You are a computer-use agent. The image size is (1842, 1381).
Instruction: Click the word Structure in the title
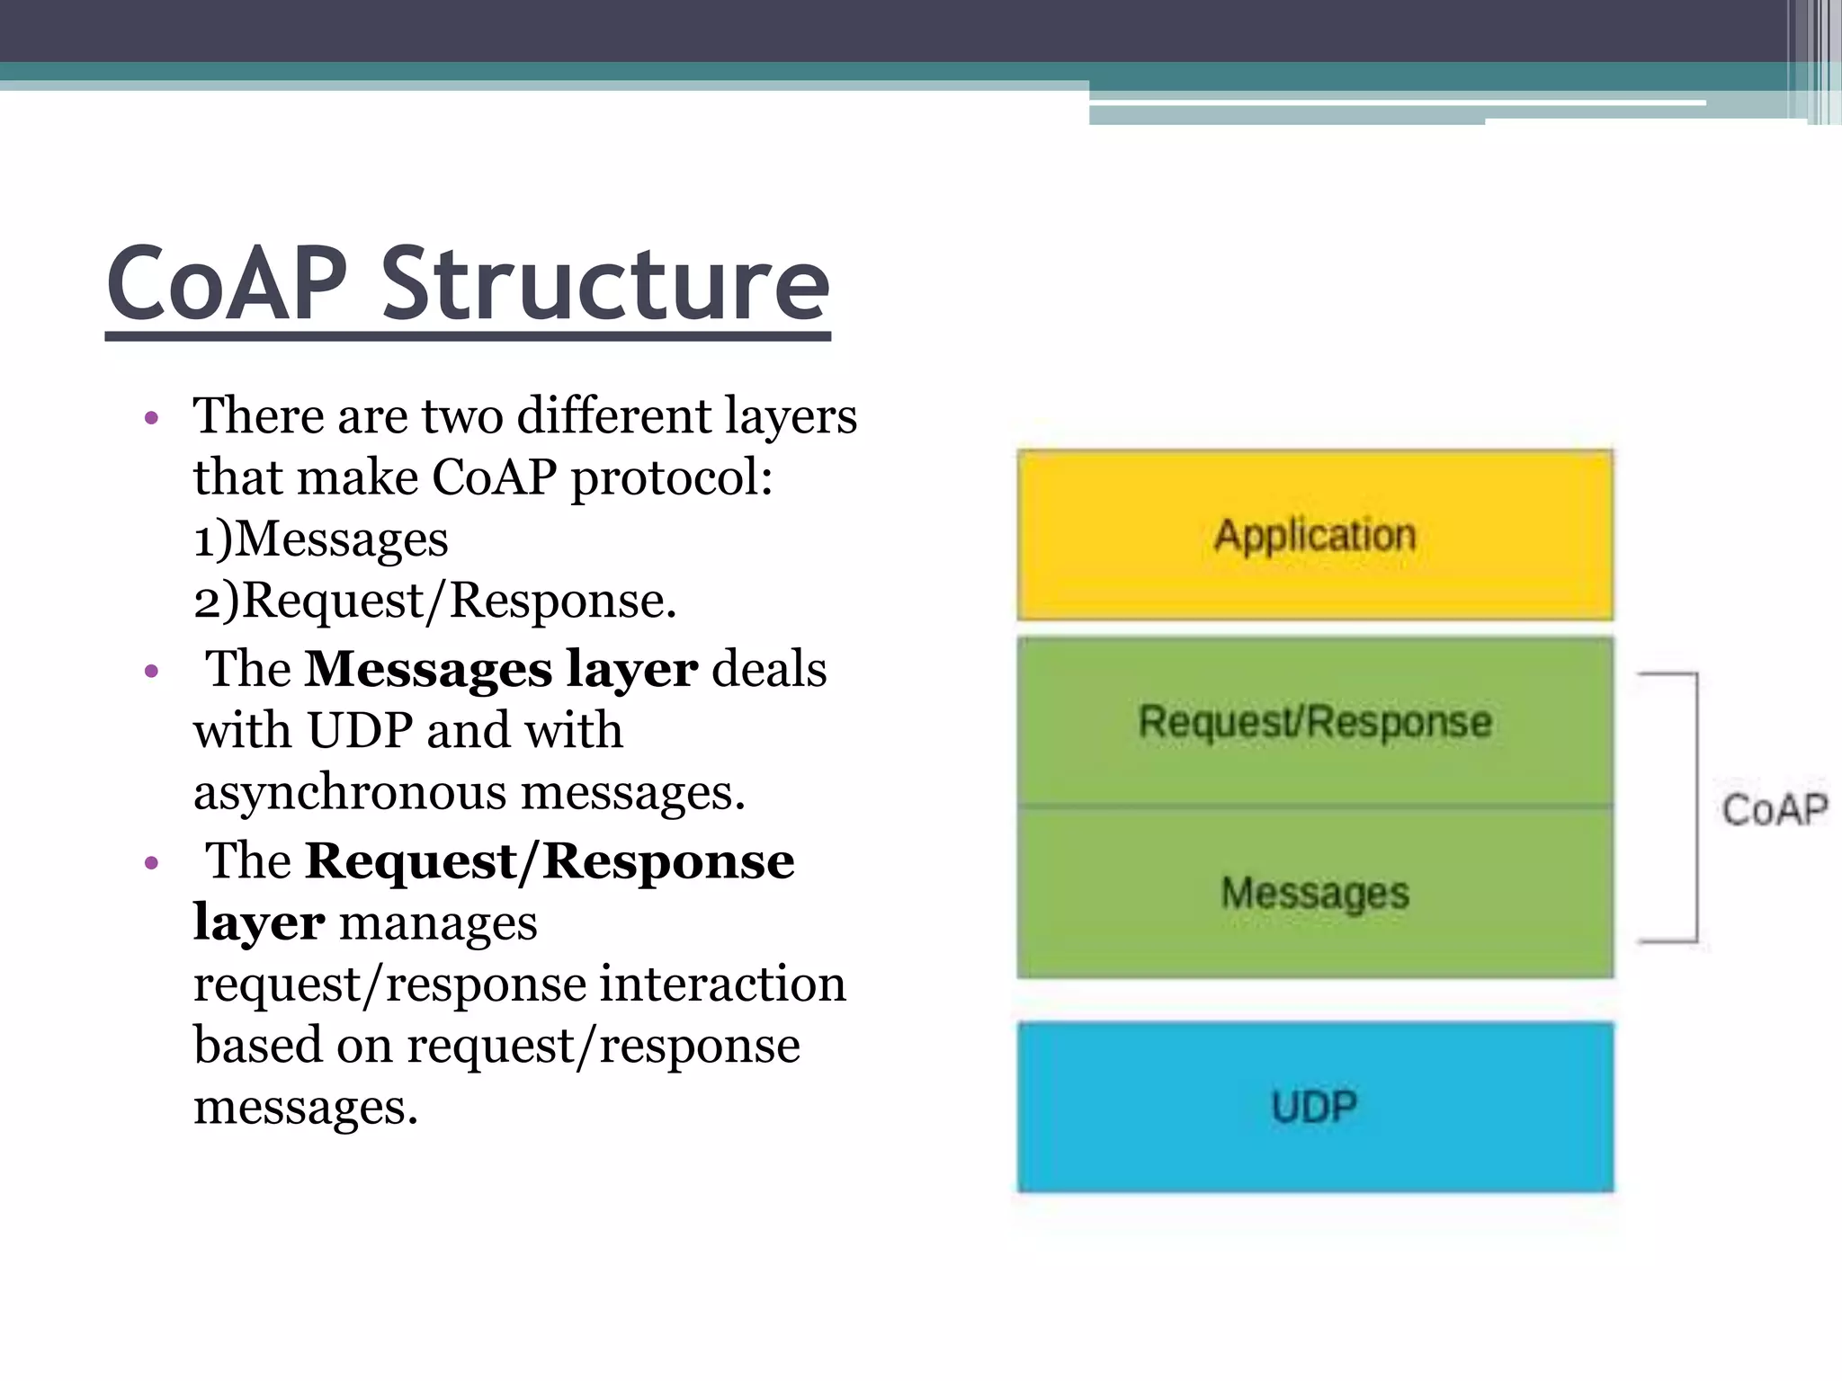(604, 284)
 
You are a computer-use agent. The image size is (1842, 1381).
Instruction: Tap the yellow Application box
(1314, 535)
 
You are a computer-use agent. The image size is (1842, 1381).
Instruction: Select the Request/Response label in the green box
(1314, 722)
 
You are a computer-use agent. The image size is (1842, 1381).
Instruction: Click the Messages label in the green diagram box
(1314, 893)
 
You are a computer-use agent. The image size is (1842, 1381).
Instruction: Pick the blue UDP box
(1314, 1107)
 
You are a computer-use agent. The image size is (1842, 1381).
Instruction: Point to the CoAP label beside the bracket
(1774, 809)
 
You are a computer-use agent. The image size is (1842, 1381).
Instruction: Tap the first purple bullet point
(151, 418)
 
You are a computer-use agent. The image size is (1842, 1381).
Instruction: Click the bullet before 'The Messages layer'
(151, 671)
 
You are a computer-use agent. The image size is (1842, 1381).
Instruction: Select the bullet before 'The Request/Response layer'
(151, 863)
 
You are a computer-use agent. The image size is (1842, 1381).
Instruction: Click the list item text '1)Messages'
(320, 539)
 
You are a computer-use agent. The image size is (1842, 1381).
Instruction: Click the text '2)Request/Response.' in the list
(434, 601)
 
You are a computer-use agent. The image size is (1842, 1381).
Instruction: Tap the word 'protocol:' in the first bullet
(671, 478)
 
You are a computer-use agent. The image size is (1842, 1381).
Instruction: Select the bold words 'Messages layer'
(500, 670)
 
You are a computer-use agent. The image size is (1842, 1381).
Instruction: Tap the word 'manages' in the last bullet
(438, 923)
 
